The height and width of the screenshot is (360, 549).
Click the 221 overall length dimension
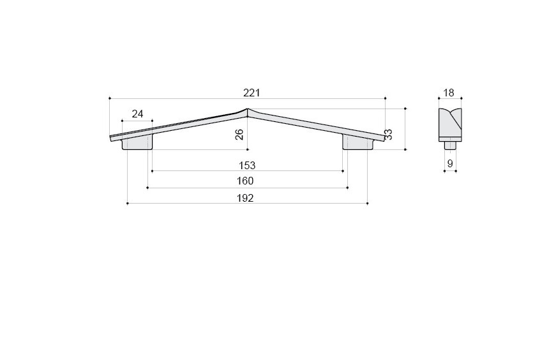[252, 93]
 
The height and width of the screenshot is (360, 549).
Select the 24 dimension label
[138, 114]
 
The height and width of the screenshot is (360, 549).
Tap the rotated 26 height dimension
[239, 135]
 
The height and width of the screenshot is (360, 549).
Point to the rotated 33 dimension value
[388, 135]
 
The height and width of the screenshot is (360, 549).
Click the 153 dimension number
[247, 165]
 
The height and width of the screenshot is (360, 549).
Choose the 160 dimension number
[245, 181]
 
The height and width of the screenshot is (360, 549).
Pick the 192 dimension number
[245, 199]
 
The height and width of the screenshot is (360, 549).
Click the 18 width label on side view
[449, 93]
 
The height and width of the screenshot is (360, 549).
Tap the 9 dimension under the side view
[450, 163]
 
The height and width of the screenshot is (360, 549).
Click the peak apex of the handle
[248, 109]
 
